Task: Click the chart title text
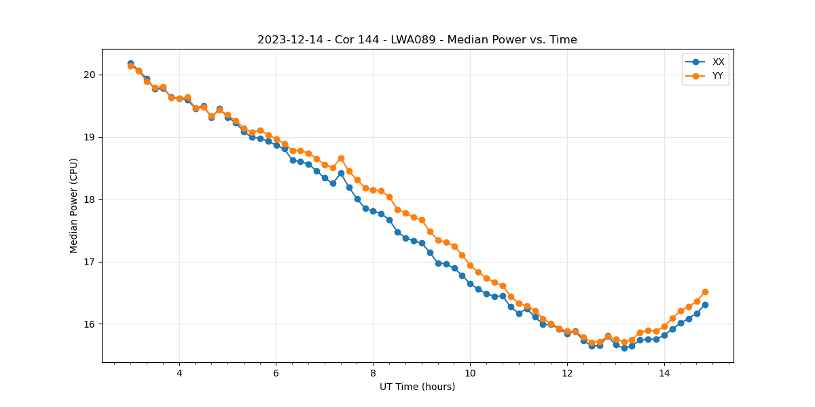417,40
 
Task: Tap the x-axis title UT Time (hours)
417,387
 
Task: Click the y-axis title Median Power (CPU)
74,206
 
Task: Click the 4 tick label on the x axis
179,373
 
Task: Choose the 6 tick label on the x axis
276,373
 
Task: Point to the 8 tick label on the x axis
373,373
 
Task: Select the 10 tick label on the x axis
470,373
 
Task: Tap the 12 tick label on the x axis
567,373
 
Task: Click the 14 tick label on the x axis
664,373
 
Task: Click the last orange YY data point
705,292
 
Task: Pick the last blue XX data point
705,305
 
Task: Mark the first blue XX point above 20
130,63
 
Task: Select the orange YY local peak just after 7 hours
341,158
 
